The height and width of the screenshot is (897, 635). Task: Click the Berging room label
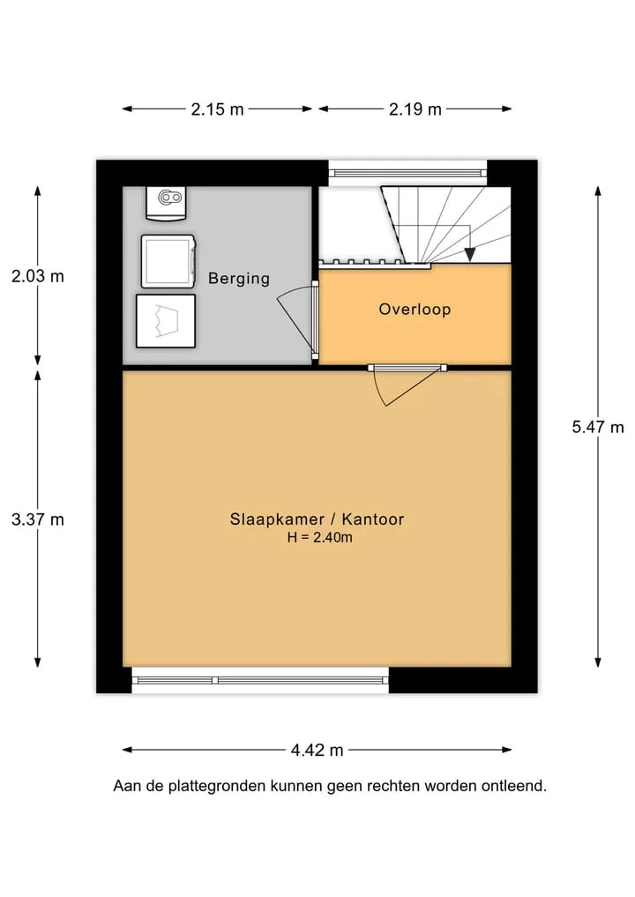point(238,279)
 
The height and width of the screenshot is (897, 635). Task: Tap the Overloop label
point(415,310)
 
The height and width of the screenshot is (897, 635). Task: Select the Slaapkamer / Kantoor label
point(317,519)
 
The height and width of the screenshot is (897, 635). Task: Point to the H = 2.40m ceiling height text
point(320,537)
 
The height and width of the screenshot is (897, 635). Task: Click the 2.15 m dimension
point(217,108)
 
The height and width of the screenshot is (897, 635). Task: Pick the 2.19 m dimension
point(415,108)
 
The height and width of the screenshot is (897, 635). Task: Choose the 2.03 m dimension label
point(38,276)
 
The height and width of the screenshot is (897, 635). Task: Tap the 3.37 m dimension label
point(38,520)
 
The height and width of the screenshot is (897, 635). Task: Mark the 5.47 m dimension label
point(598,427)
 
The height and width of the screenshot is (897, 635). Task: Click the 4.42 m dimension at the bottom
point(317,750)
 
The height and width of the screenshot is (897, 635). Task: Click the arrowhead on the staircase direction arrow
point(470,255)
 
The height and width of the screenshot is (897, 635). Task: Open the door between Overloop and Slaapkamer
point(407,385)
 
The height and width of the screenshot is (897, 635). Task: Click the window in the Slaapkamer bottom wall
point(260,680)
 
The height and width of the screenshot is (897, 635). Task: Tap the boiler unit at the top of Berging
point(166,203)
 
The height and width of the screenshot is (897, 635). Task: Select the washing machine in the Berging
point(168,262)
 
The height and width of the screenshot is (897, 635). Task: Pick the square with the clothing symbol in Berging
point(166,321)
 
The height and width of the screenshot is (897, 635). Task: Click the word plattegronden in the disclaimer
point(217,787)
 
